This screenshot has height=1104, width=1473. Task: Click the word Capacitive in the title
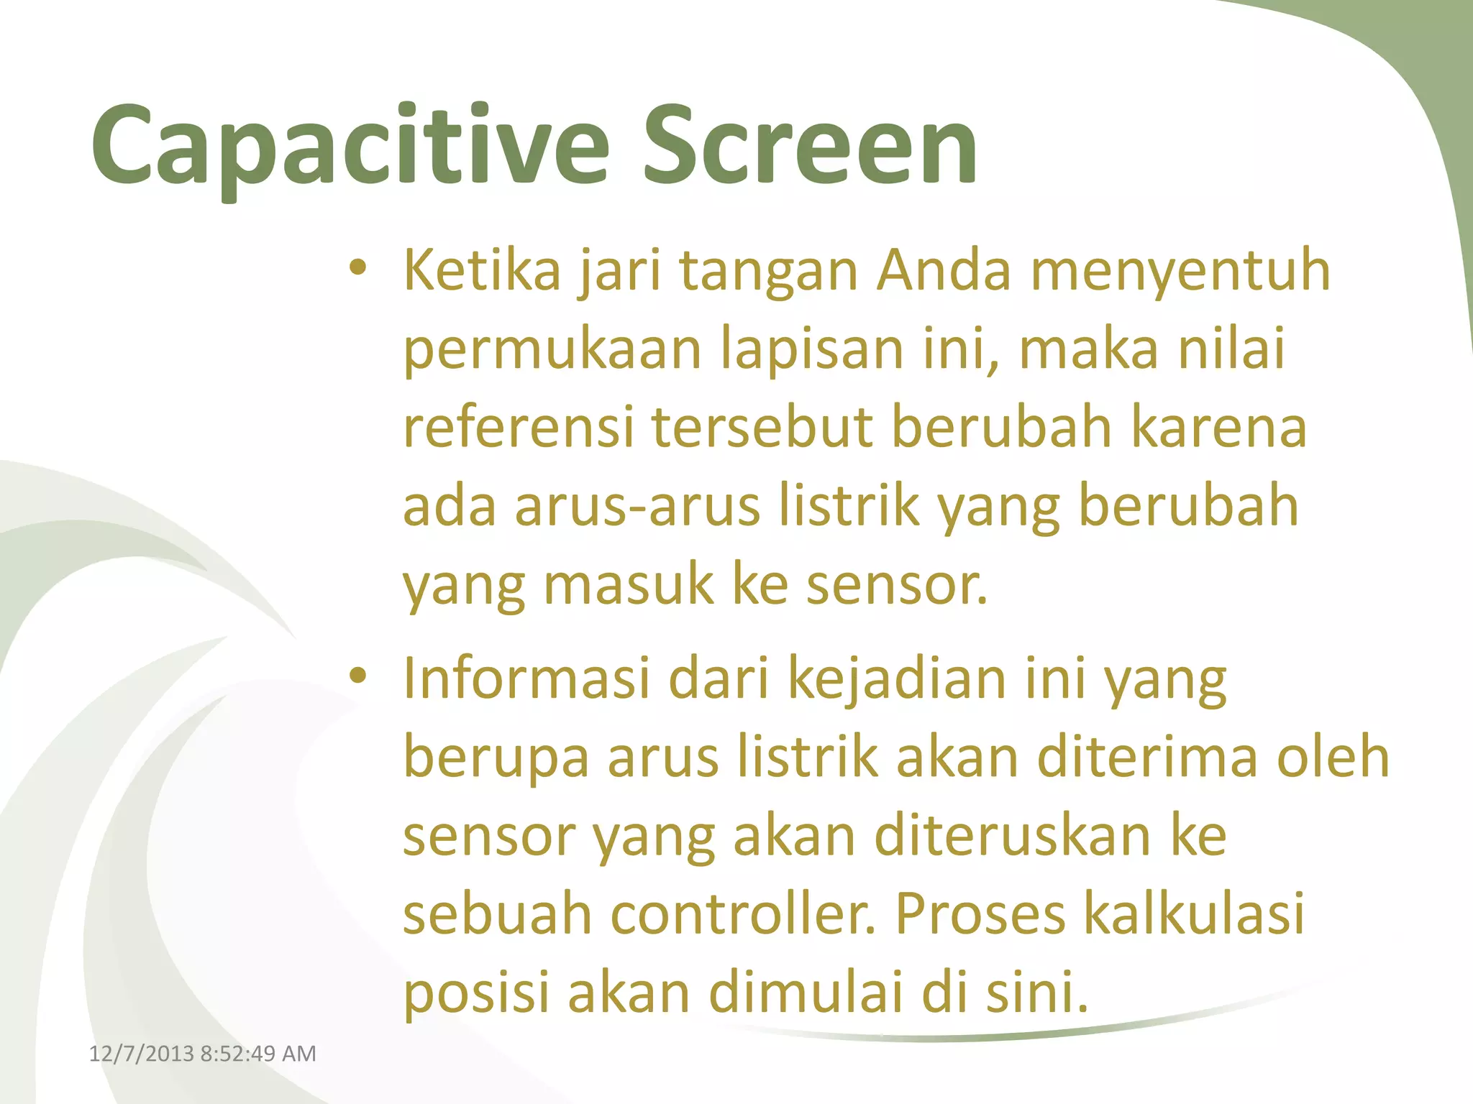click(x=350, y=147)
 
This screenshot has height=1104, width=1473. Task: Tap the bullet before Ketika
click(x=357, y=269)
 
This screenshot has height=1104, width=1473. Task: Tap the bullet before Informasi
click(x=357, y=676)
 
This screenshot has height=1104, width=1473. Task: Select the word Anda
click(x=943, y=272)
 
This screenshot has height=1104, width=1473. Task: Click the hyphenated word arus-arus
click(x=637, y=507)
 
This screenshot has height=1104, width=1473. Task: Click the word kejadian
click(x=897, y=679)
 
